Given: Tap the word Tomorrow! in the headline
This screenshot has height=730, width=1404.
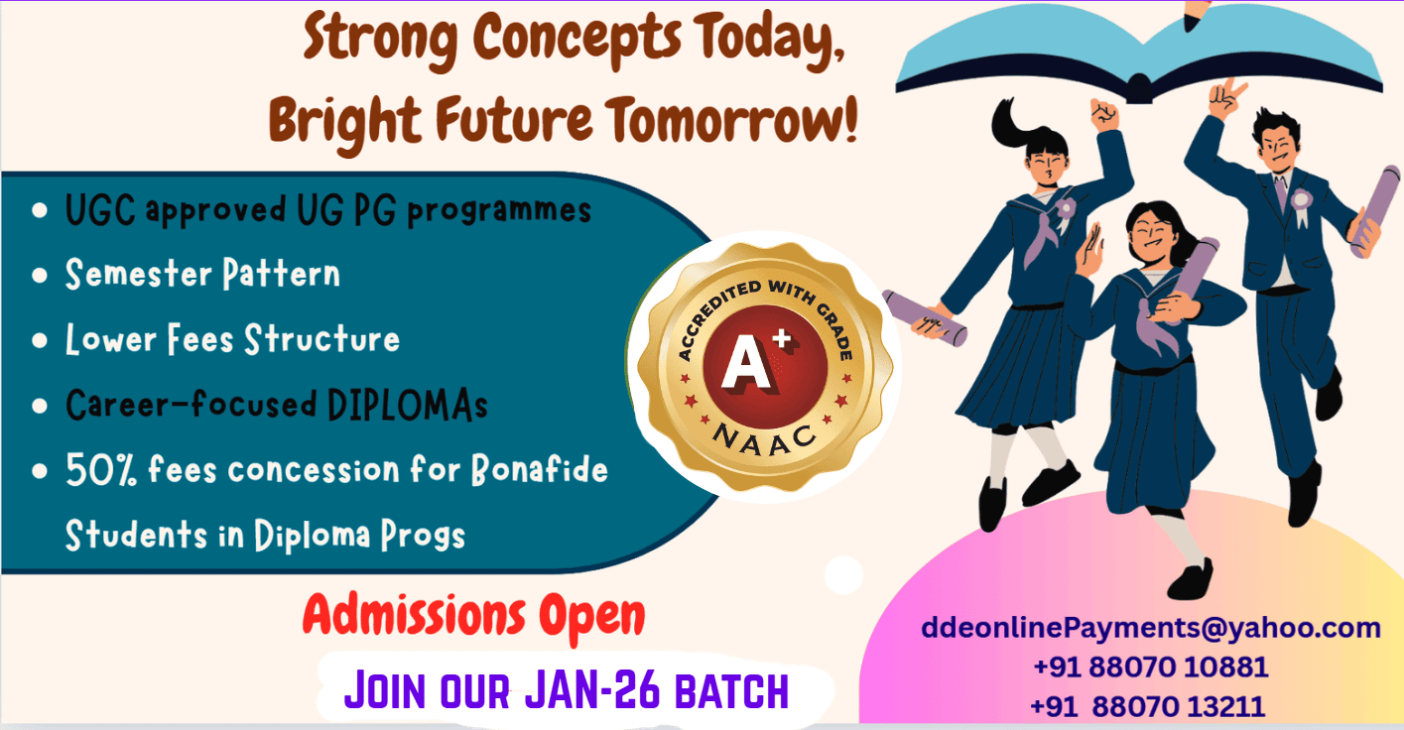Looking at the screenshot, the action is pyautogui.click(x=731, y=120).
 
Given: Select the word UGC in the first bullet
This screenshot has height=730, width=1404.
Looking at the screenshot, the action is pyautogui.click(x=100, y=209).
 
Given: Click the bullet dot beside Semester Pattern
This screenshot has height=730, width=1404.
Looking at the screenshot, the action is pyautogui.click(x=40, y=275).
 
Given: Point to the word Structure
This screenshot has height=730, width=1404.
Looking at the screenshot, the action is pyautogui.click(x=321, y=339).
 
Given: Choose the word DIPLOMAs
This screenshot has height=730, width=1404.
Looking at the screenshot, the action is pyautogui.click(x=408, y=405).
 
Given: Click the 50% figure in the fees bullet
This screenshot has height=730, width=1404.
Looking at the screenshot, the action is pyautogui.click(x=101, y=470).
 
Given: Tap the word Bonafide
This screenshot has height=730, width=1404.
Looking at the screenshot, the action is pyautogui.click(x=539, y=469).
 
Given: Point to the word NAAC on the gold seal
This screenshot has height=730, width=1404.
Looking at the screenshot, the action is pyautogui.click(x=765, y=439).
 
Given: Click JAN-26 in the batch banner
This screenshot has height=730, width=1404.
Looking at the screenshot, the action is pyautogui.click(x=592, y=690).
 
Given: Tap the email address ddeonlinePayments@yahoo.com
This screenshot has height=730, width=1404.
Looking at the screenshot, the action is pyautogui.click(x=1151, y=628).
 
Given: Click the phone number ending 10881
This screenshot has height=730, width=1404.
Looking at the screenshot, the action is pyautogui.click(x=1151, y=667).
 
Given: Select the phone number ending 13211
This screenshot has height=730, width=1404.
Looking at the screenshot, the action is pyautogui.click(x=1148, y=706).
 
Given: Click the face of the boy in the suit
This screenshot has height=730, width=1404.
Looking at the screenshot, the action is pyautogui.click(x=1277, y=148).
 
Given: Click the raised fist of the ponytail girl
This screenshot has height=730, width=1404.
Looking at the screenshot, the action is pyautogui.click(x=1104, y=114).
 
